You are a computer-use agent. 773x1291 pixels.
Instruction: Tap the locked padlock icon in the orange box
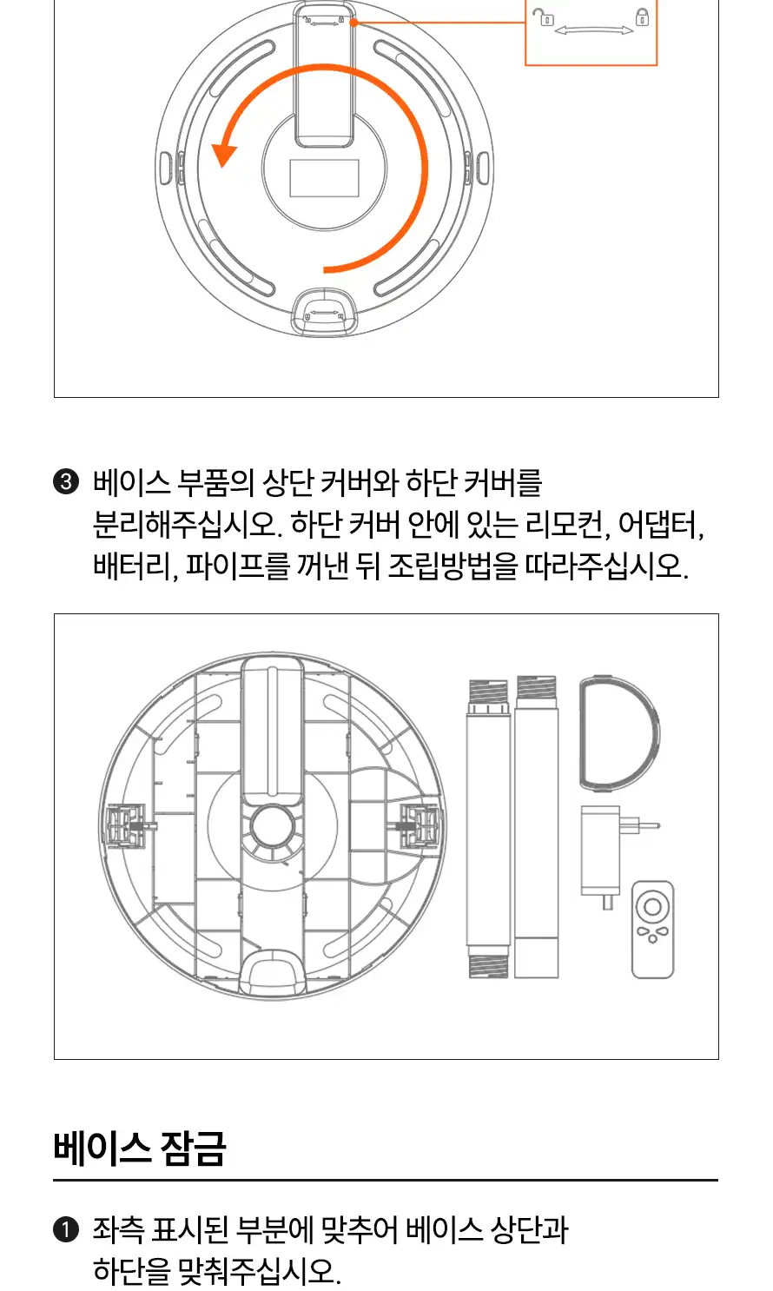pyautogui.click(x=642, y=17)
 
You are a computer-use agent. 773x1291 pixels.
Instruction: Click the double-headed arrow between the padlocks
pyautogui.click(x=593, y=30)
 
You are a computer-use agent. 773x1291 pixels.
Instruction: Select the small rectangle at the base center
pyautogui.click(x=324, y=178)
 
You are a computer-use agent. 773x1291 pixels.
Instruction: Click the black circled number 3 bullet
pyautogui.click(x=66, y=482)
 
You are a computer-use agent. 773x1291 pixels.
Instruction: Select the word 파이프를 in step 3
pyautogui.click(x=237, y=566)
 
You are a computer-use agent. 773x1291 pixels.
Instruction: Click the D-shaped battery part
pyautogui.click(x=619, y=732)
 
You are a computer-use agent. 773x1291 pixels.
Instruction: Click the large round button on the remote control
pyautogui.click(x=652, y=907)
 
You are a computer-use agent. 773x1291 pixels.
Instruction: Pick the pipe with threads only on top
pyautogui.click(x=536, y=826)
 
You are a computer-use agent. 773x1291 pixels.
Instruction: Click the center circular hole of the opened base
pyautogui.click(x=272, y=826)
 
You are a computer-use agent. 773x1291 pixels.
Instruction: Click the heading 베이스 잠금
pyautogui.click(x=139, y=1149)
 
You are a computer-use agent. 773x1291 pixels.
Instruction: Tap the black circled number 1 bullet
pyautogui.click(x=66, y=1229)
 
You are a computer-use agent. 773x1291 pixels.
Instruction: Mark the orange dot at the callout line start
pyautogui.click(x=353, y=23)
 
